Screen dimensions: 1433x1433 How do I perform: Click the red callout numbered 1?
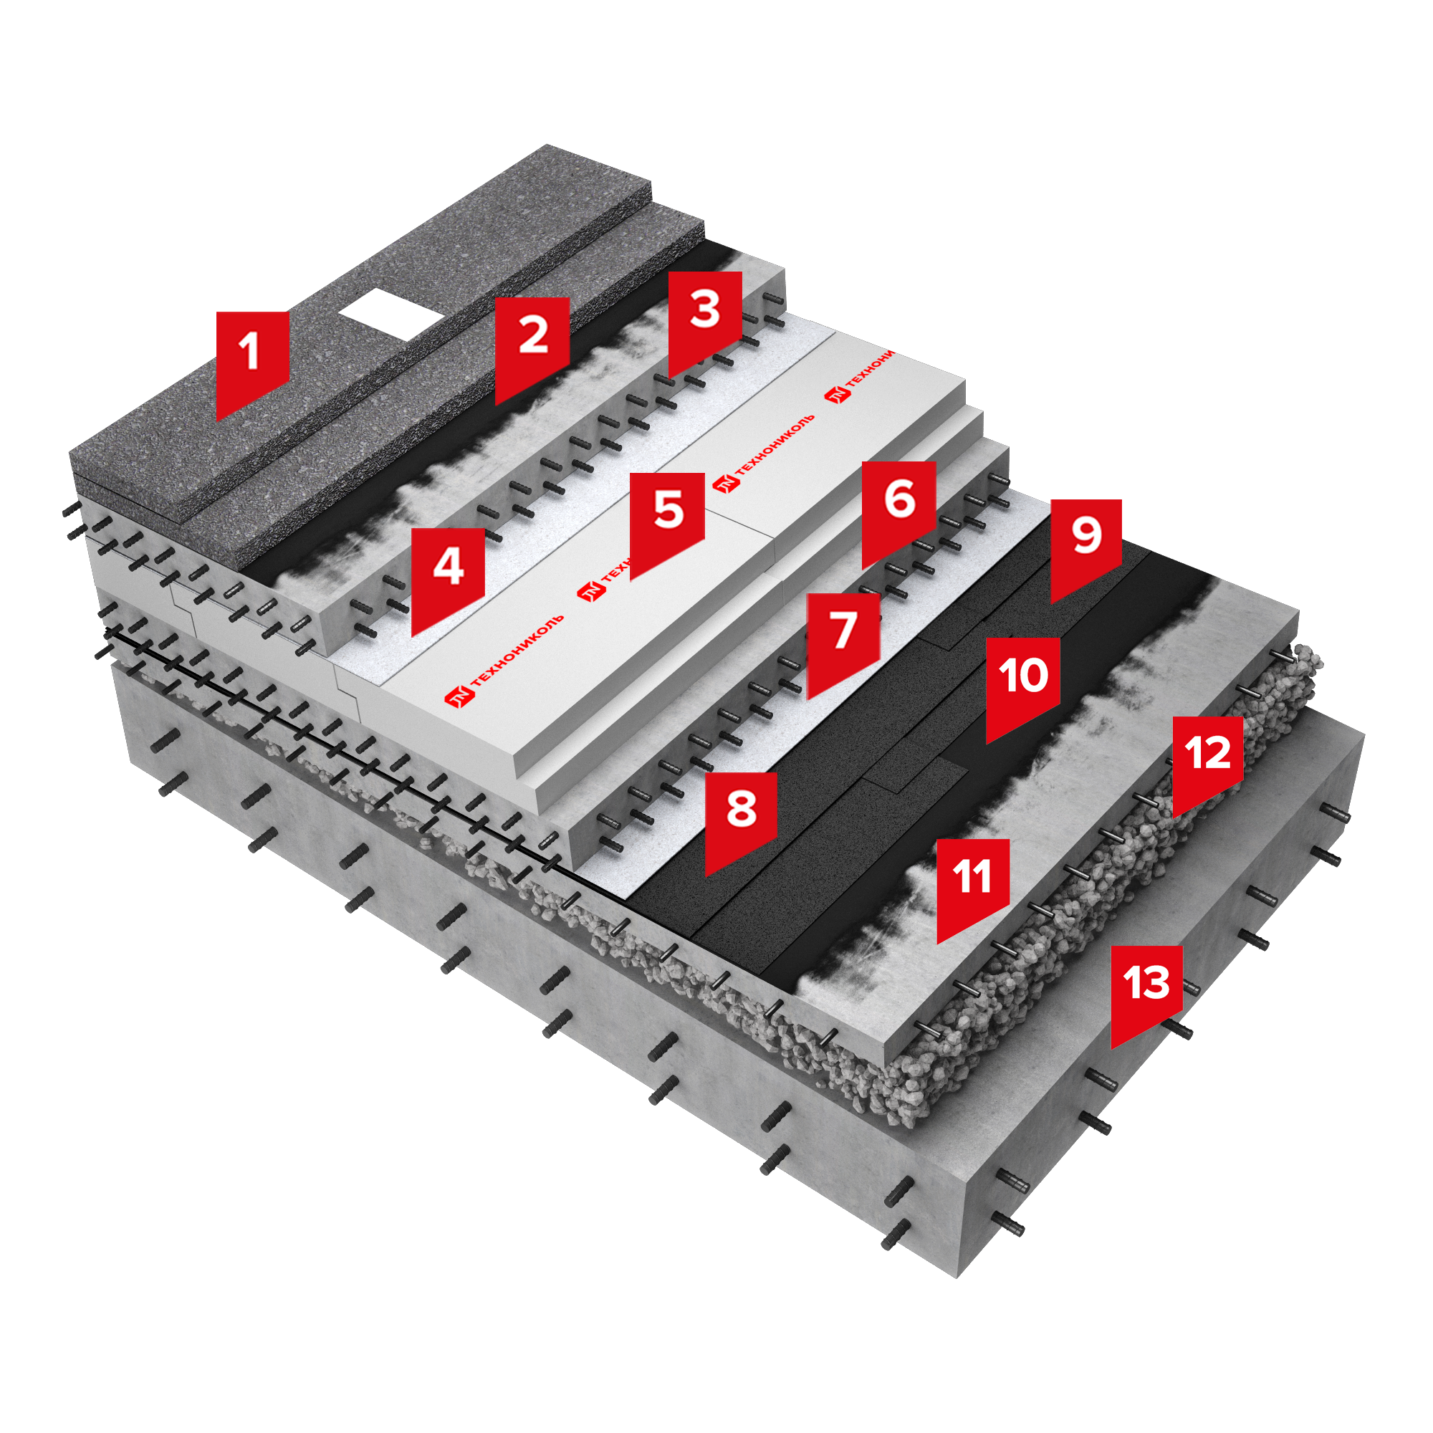coord(252,360)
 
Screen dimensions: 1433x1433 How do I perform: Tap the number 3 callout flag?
coord(704,319)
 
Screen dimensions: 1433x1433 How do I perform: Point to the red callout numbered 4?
coord(448,576)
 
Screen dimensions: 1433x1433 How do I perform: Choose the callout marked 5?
coord(667,521)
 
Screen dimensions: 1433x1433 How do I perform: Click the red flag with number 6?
coord(898,509)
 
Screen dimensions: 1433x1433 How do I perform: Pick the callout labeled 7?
coord(843,641)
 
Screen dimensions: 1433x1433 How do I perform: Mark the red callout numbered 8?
coord(741,820)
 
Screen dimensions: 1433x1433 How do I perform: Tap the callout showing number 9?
coord(1086,547)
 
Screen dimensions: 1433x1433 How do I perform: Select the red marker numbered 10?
coord(1023,686)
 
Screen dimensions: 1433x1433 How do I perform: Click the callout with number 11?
coord(973,886)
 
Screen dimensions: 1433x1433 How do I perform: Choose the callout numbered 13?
coord(1146,993)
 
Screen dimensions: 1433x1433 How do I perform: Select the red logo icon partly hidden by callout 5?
coord(591,592)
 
